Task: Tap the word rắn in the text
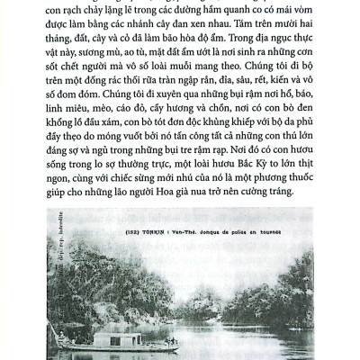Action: click(x=194, y=93)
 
